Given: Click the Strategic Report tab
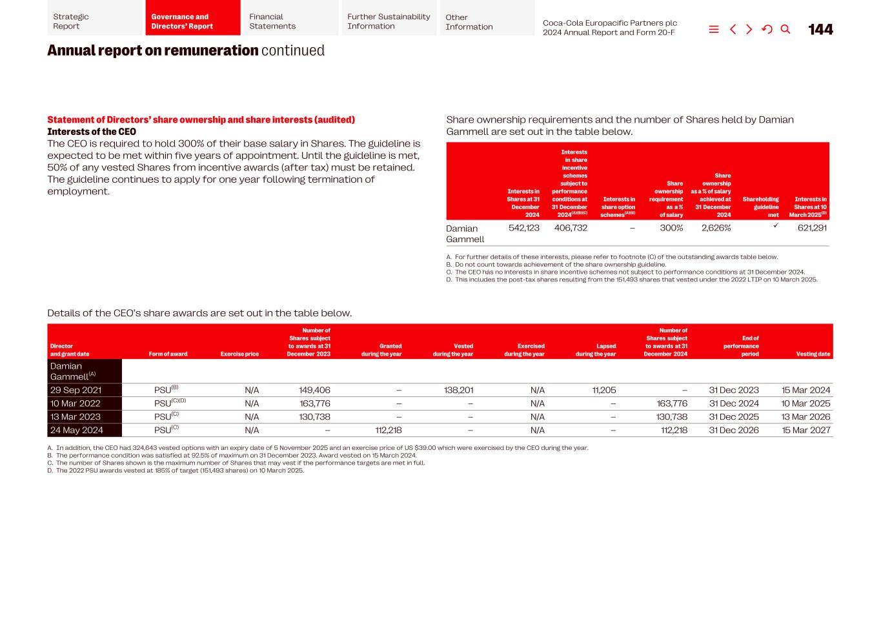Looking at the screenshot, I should tap(94, 21).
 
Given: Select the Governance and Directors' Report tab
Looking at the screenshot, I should tap(192, 21).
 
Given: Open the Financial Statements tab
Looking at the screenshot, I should tap(290, 21).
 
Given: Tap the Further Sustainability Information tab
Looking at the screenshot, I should tap(389, 21).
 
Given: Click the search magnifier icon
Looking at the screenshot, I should tap(785, 30).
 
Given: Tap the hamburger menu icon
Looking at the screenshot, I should tap(714, 30).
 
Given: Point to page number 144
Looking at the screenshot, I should tap(820, 30).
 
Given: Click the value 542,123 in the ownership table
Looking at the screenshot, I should tap(523, 228).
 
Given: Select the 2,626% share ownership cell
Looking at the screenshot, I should tap(716, 228).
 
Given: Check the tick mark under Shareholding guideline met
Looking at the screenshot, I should tap(776, 226).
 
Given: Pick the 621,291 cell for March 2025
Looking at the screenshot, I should tap(812, 228).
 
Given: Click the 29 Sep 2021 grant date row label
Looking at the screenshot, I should tap(76, 390).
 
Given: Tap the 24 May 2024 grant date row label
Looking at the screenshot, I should tap(77, 430).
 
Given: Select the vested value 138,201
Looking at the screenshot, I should tap(458, 390).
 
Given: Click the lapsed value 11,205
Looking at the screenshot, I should tap(603, 390).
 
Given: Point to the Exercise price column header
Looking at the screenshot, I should tap(239, 354).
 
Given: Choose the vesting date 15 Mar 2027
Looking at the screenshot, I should tap(805, 430).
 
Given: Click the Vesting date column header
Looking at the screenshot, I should tap(813, 354).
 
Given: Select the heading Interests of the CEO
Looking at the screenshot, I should tap(92, 132).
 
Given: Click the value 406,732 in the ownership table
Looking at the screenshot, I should tap(571, 228).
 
